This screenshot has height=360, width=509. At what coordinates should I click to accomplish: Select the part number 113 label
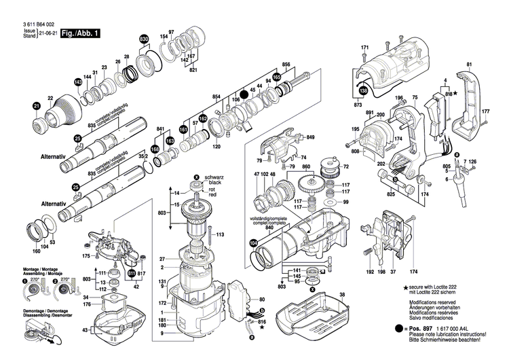tap(221, 235)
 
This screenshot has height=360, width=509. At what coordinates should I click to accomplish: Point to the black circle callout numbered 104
tap(254, 243)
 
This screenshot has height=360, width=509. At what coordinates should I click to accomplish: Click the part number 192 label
tap(371, 272)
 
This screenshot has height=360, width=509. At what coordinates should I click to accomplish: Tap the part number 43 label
tap(85, 331)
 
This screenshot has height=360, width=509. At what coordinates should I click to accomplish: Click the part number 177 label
tap(485, 111)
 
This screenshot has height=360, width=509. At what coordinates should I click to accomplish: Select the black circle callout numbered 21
tap(36, 105)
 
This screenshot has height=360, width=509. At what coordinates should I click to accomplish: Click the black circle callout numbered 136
tap(363, 90)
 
